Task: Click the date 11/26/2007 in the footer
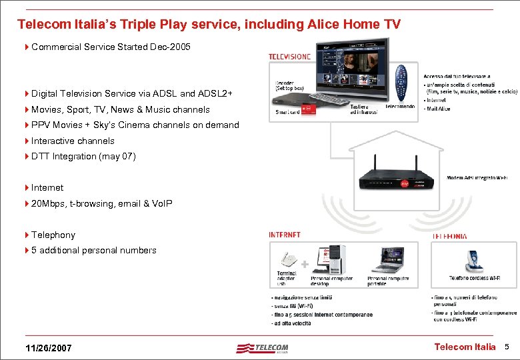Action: [x=48, y=348]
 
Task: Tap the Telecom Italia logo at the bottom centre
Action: [x=263, y=347]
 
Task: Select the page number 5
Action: [x=507, y=347]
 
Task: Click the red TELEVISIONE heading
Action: [x=289, y=57]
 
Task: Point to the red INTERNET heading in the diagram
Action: [x=285, y=235]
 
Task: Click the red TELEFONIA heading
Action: [x=450, y=236]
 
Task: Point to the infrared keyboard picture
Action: [x=333, y=100]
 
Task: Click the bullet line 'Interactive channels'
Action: [x=73, y=141]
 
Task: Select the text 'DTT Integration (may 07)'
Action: [x=83, y=156]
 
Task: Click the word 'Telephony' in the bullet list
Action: [x=53, y=235]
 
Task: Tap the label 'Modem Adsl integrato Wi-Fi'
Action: [x=477, y=177]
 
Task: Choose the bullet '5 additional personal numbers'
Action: [x=94, y=250]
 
